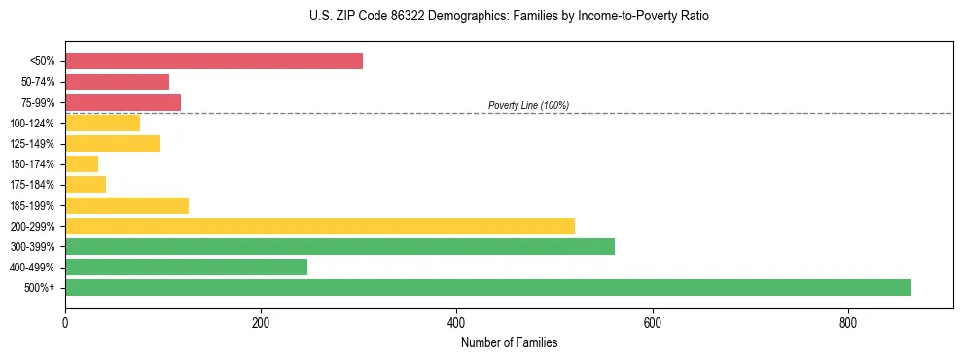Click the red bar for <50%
tap(214, 61)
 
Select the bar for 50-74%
tap(117, 82)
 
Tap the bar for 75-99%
tap(123, 102)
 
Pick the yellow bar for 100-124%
tap(102, 123)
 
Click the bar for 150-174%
tap(82, 164)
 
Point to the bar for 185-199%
tap(126, 205)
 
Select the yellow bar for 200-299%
tap(320, 226)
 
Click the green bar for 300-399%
tap(339, 246)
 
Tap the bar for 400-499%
tap(186, 267)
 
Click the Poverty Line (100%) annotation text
tap(528, 105)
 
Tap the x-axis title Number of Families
tap(509, 342)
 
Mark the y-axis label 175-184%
tap(32, 185)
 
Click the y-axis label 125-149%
tap(32, 144)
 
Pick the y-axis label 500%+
tap(40, 288)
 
